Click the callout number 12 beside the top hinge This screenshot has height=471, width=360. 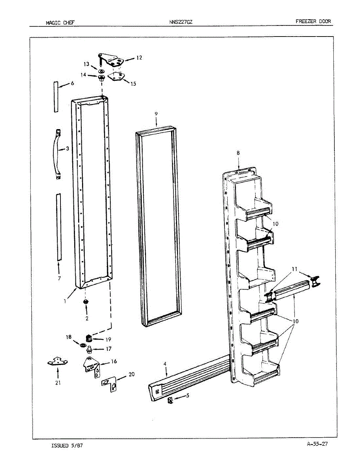pos(139,58)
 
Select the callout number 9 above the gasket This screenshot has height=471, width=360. pos(156,113)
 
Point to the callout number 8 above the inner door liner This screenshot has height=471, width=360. pos(238,153)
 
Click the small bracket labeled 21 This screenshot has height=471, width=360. pos(57,361)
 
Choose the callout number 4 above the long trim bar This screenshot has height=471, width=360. pos(165,364)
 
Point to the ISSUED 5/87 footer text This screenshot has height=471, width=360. pos(67,445)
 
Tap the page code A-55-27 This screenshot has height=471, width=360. pos(318,444)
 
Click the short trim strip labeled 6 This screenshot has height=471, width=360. pos(56,97)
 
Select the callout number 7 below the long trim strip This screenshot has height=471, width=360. pos(59,278)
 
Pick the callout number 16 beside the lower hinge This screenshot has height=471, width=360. pos(114,361)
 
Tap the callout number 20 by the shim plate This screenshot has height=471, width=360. pos(132,374)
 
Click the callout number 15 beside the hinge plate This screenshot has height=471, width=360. pos(133,83)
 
